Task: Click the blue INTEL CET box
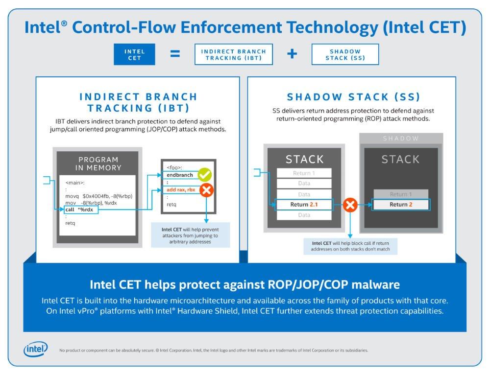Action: (134, 54)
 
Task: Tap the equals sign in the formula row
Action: (175, 54)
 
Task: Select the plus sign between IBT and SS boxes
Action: (292, 54)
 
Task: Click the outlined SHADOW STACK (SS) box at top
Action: (345, 54)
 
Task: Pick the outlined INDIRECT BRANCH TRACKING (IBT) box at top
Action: (233, 54)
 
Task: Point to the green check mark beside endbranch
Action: (204, 175)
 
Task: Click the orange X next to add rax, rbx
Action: (207, 190)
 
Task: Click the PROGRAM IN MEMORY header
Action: (99, 163)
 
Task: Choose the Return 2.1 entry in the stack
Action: (304, 205)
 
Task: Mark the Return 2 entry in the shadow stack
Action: (401, 205)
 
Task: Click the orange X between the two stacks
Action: (350, 205)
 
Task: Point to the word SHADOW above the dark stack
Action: (401, 139)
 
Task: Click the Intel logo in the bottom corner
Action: (36, 349)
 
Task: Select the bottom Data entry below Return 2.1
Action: (304, 215)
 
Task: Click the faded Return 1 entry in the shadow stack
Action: (401, 194)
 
